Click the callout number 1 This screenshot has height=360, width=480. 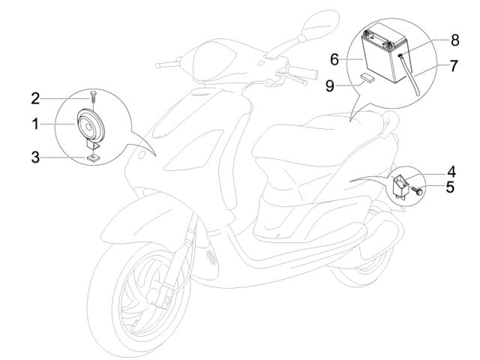35,124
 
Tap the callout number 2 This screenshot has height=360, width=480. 35,98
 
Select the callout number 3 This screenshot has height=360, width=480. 35,157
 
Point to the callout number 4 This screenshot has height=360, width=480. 451,172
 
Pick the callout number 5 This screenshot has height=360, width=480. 450,187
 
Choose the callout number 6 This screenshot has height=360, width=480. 334,59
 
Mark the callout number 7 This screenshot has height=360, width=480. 454,66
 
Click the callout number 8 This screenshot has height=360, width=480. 455,40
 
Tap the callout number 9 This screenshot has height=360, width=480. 330,86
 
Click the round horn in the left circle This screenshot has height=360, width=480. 91,126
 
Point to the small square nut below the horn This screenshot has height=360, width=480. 93,157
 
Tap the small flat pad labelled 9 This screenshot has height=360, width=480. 367,76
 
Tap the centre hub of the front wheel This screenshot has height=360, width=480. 154,293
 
